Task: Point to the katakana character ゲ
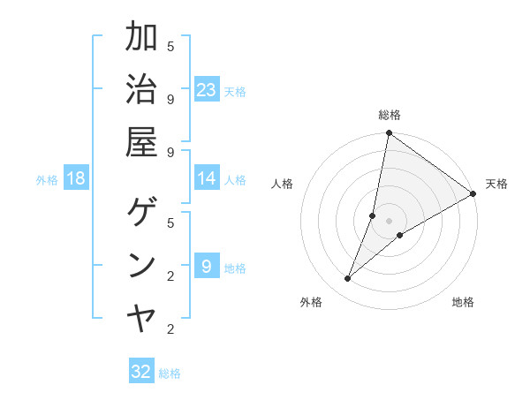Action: click(x=141, y=214)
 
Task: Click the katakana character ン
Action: click(x=141, y=266)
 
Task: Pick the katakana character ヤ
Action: click(x=141, y=318)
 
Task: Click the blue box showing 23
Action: click(x=207, y=89)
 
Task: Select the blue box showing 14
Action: click(x=207, y=178)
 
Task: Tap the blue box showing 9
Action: click(x=207, y=266)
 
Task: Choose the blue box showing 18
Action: click(x=76, y=178)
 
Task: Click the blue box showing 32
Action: click(x=141, y=371)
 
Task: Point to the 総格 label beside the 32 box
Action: click(x=170, y=373)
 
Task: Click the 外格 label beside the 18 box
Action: click(x=47, y=179)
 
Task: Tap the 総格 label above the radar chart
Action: click(x=390, y=115)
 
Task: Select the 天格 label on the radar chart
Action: click(x=496, y=184)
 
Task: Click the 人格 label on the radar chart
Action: click(x=282, y=184)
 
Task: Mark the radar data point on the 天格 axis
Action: click(x=473, y=193)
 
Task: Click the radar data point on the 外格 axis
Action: click(x=348, y=279)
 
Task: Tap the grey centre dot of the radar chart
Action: click(x=390, y=221)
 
